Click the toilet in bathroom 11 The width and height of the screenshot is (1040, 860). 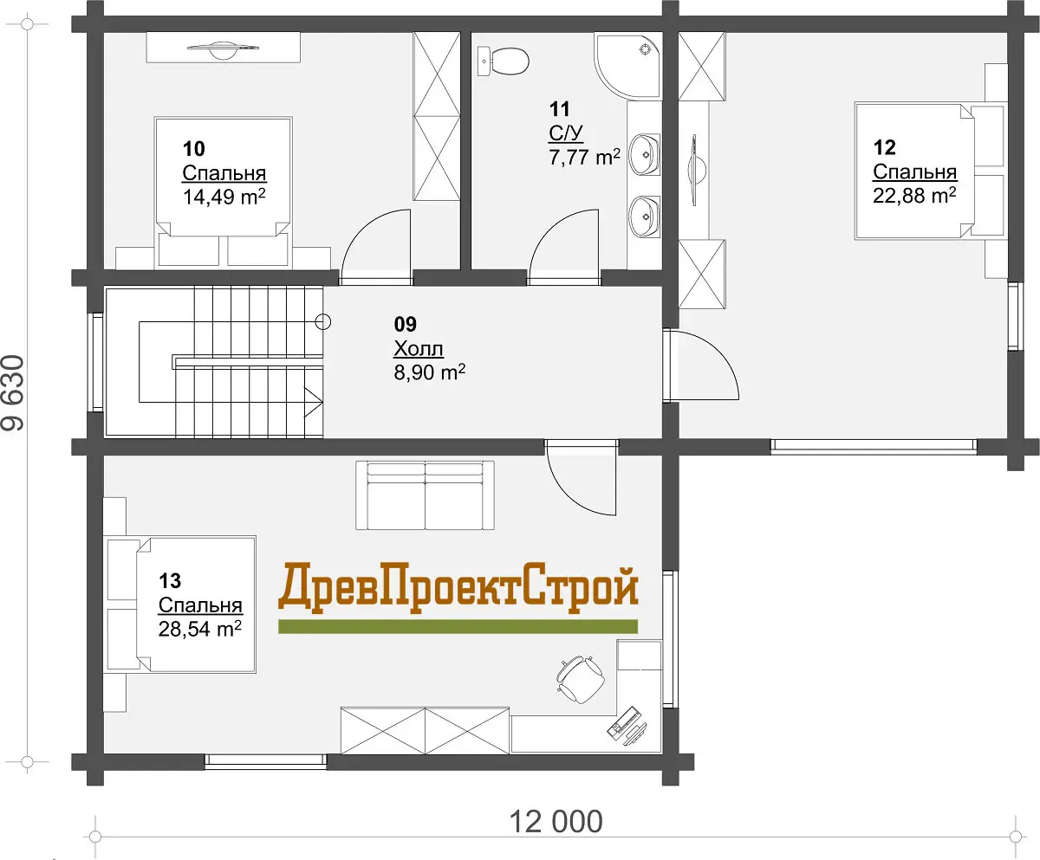click(x=503, y=61)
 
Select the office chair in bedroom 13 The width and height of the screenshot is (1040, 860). click(x=581, y=679)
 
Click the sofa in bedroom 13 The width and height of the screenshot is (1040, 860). click(x=425, y=495)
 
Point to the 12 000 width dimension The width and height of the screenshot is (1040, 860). click(x=556, y=822)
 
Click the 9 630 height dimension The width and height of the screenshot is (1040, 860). click(x=13, y=392)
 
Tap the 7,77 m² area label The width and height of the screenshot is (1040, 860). click(x=585, y=158)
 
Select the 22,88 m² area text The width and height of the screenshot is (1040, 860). click(x=914, y=196)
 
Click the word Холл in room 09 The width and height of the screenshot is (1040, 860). click(x=419, y=349)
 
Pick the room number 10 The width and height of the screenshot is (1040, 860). click(x=194, y=149)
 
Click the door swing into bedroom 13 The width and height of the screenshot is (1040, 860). click(x=582, y=478)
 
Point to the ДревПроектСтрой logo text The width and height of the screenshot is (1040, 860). click(x=458, y=588)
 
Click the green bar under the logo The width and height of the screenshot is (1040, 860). click(x=458, y=626)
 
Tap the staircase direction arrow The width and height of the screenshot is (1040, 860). click(x=313, y=402)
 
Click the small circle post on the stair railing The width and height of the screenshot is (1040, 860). click(x=323, y=322)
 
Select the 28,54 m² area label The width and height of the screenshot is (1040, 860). click(x=200, y=629)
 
